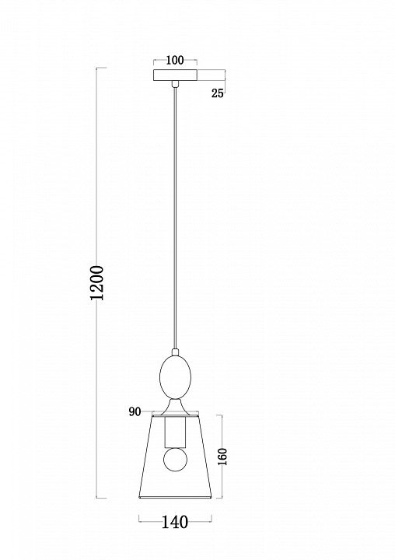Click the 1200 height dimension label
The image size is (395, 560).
click(x=97, y=283)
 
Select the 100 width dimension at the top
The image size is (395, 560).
click(x=175, y=60)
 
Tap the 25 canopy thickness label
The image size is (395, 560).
click(x=218, y=93)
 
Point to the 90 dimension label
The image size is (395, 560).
click(x=135, y=411)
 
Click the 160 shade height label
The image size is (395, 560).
click(x=222, y=457)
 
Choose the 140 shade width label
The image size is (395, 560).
click(x=175, y=523)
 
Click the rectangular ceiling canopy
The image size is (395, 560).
click(x=175, y=75)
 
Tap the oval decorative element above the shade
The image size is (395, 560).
click(x=175, y=376)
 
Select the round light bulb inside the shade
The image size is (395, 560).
click(x=175, y=460)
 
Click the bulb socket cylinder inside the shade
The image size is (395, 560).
click(x=175, y=432)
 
